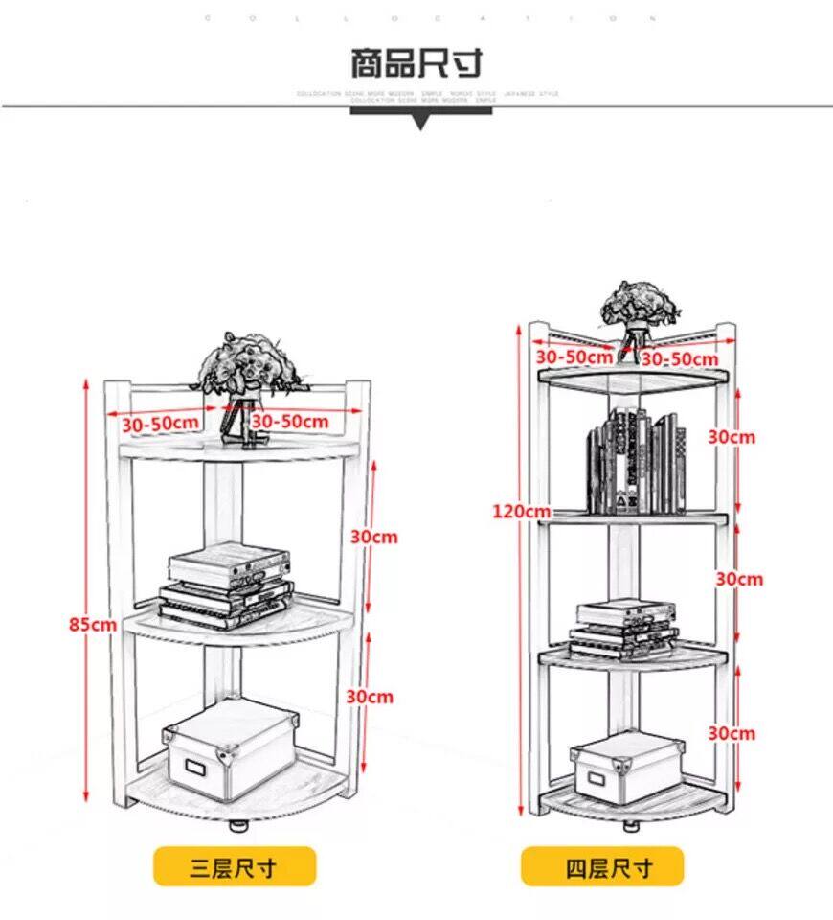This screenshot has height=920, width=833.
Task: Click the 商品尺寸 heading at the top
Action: tap(416, 63)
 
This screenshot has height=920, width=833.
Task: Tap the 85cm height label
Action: tap(92, 624)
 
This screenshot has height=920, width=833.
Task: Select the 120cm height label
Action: tap(522, 511)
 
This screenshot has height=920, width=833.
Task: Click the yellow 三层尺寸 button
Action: tap(235, 867)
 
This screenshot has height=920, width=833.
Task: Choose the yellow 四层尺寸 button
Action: tap(602, 867)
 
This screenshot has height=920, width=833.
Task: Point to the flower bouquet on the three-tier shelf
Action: tap(242, 369)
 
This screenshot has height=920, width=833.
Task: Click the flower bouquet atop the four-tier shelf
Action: tap(640, 309)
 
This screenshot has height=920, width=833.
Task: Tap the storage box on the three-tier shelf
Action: tap(228, 752)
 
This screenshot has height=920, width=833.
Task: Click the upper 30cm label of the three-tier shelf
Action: tap(373, 537)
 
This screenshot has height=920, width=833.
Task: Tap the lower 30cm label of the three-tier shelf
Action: tap(370, 697)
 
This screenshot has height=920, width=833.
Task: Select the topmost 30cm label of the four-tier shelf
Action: tap(732, 437)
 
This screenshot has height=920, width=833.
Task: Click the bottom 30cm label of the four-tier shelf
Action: tap(732, 733)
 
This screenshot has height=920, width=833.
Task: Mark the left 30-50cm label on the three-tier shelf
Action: tap(161, 422)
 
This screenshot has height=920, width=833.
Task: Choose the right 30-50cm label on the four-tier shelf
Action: tap(679, 358)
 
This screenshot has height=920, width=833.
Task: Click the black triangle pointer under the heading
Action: tap(419, 122)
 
